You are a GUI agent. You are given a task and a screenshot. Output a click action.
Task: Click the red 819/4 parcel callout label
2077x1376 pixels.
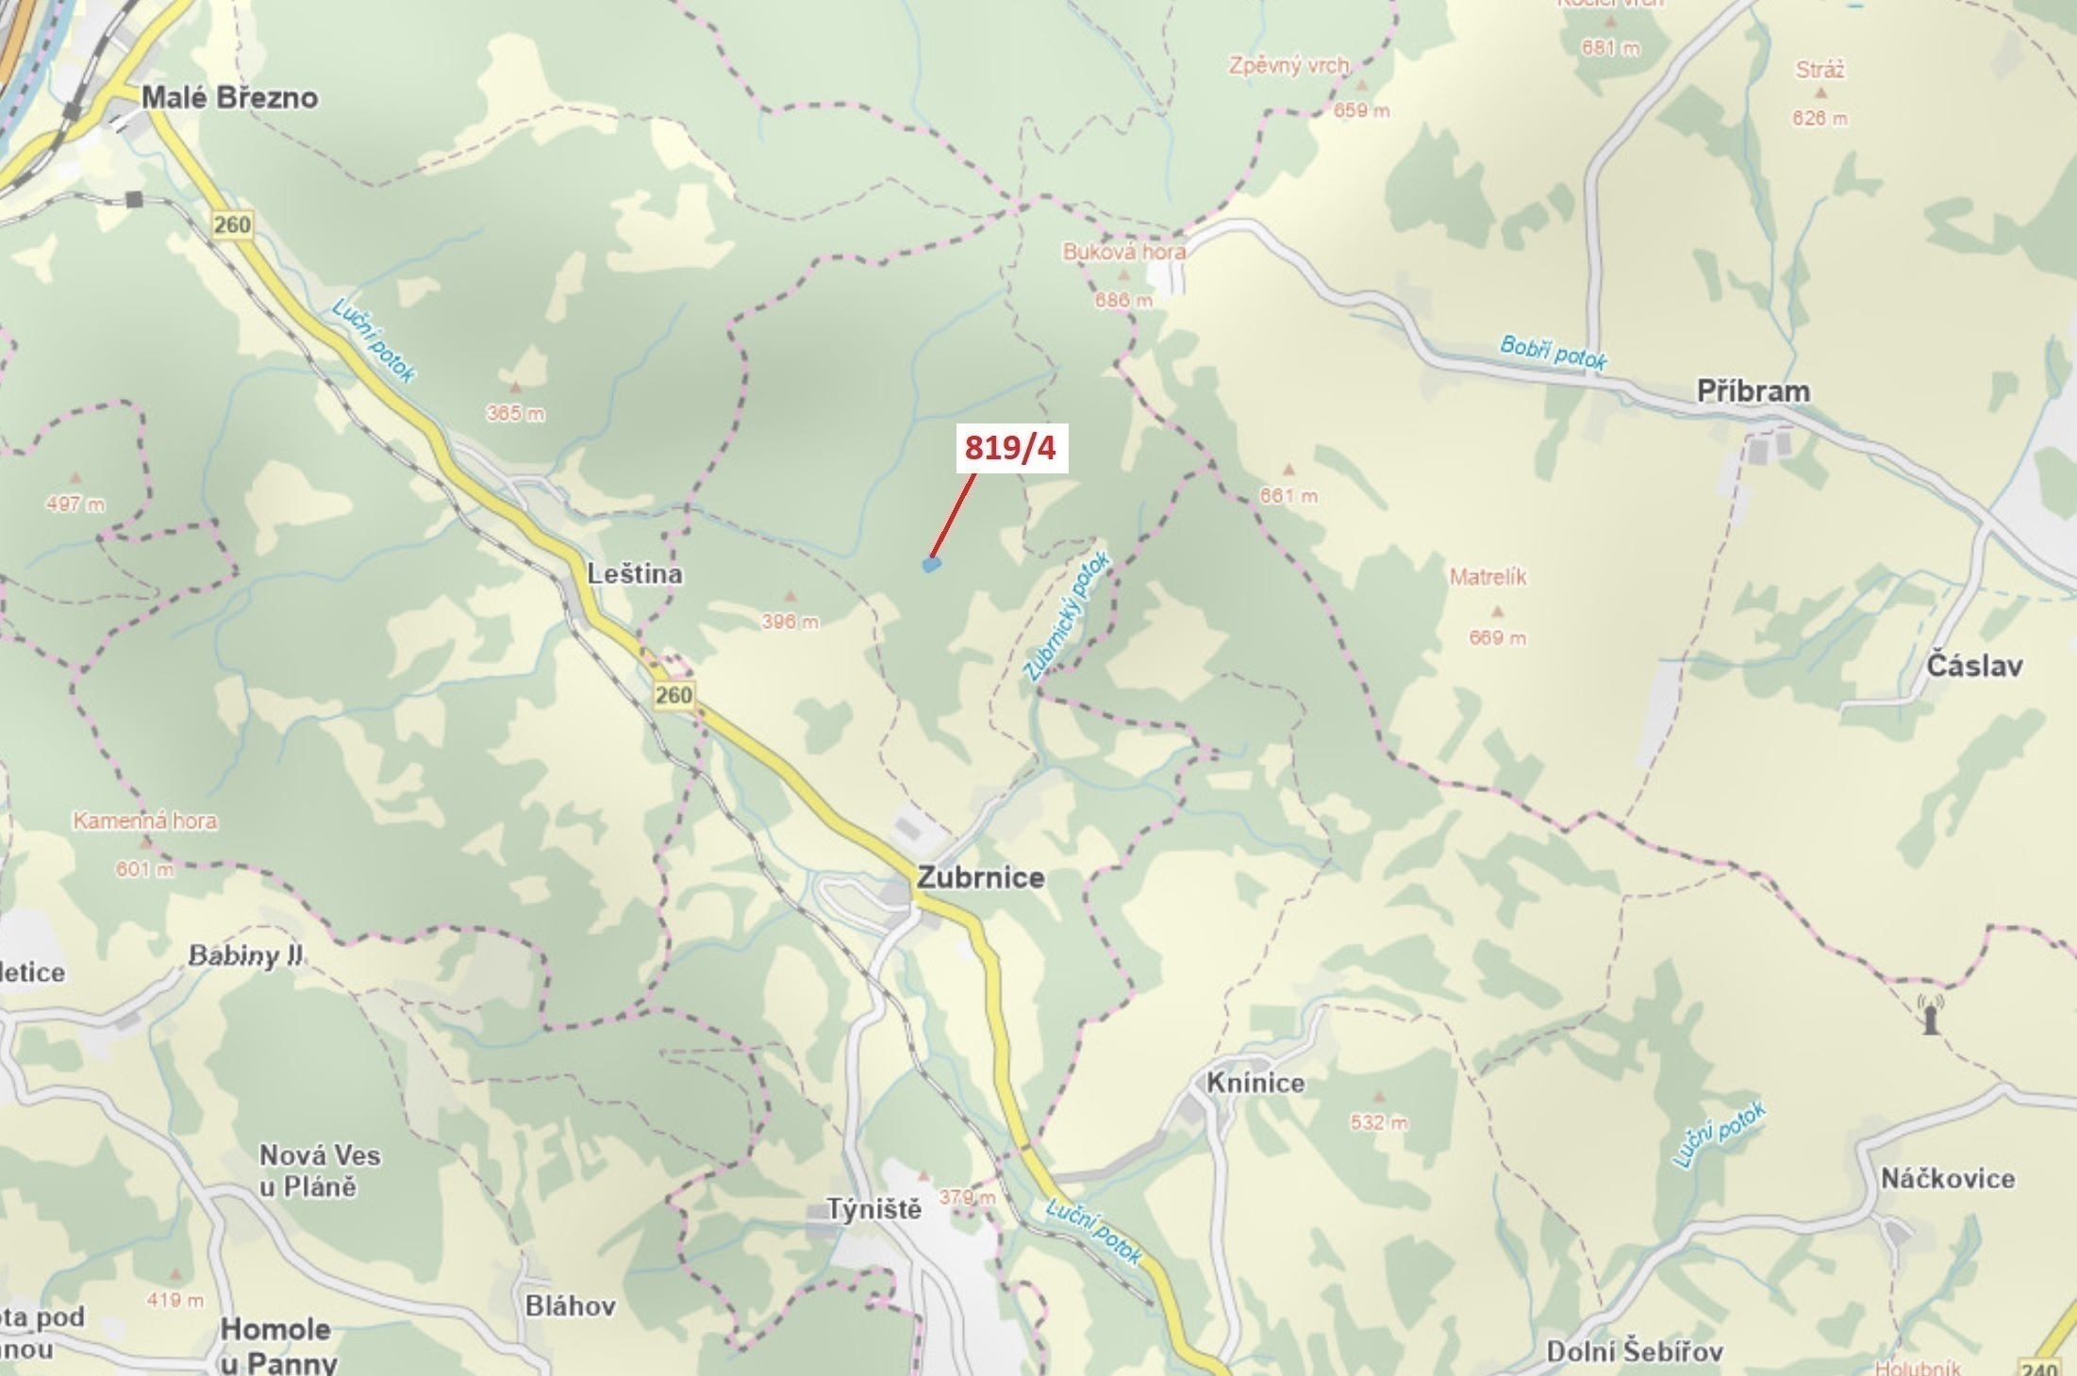click(1009, 449)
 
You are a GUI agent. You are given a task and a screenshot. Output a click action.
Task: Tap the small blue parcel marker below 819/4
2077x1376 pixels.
click(932, 565)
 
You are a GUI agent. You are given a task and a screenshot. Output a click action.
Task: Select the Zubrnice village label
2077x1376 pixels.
click(981, 877)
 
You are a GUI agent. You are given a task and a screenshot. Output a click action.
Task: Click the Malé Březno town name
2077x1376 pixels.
click(229, 97)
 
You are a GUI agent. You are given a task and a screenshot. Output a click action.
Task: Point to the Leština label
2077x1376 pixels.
click(635, 573)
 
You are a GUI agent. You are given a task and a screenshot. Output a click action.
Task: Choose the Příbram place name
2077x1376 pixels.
click(1753, 391)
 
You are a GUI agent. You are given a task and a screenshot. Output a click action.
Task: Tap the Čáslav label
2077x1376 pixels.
click(1974, 666)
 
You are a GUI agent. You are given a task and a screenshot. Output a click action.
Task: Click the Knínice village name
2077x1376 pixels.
click(1255, 1083)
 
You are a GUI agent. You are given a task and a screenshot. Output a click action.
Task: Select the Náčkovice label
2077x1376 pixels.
click(1948, 1178)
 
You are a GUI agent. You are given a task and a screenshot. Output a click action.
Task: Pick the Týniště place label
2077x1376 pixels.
click(874, 1209)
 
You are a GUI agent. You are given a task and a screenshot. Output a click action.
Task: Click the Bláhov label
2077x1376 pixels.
click(571, 1305)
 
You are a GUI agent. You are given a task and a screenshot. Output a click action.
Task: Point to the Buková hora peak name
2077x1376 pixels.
click(1123, 252)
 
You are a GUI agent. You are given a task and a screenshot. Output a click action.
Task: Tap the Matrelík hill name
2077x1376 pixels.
click(1488, 576)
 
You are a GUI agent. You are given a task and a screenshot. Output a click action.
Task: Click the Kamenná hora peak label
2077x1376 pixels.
click(145, 821)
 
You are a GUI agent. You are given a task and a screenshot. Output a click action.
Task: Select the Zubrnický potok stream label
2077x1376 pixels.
click(1069, 616)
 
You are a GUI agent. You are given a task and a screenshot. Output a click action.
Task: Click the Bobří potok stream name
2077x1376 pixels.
click(1554, 352)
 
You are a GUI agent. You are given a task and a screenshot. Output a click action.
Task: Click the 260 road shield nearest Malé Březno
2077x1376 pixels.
click(232, 224)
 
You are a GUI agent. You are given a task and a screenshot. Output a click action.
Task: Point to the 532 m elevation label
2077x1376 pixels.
click(1379, 1122)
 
